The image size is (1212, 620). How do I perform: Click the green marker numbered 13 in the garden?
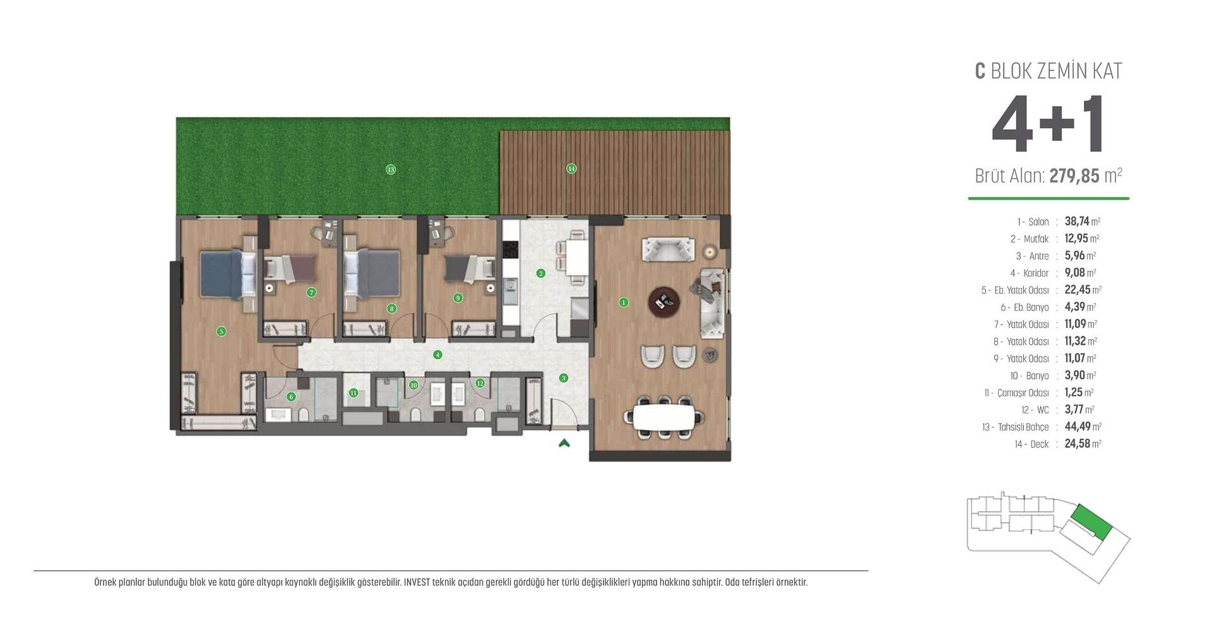[x=391, y=169]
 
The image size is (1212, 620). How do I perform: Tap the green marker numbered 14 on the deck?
[x=571, y=169]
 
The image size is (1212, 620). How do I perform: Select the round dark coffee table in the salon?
[x=664, y=302]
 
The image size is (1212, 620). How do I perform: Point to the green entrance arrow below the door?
[x=564, y=443]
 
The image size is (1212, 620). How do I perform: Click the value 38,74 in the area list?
[x=1076, y=221]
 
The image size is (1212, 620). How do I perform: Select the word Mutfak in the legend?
[x=1036, y=239]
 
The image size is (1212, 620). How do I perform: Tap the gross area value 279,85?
[x=1074, y=176]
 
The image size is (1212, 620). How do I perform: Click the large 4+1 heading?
[x=1048, y=125]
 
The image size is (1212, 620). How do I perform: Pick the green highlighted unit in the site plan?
[x=1091, y=522]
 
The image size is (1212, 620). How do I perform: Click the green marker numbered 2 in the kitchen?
[x=540, y=273]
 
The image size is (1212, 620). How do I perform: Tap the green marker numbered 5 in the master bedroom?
[x=221, y=331]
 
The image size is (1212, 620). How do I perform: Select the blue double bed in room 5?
[x=221, y=274]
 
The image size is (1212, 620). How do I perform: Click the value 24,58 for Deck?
[x=1077, y=443]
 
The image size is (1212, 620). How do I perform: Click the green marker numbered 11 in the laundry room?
[x=353, y=393]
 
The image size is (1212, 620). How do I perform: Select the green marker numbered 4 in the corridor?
[x=437, y=355]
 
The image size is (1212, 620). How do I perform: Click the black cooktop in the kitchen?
[x=510, y=248]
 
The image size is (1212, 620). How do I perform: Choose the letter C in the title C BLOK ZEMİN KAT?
[x=980, y=71]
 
